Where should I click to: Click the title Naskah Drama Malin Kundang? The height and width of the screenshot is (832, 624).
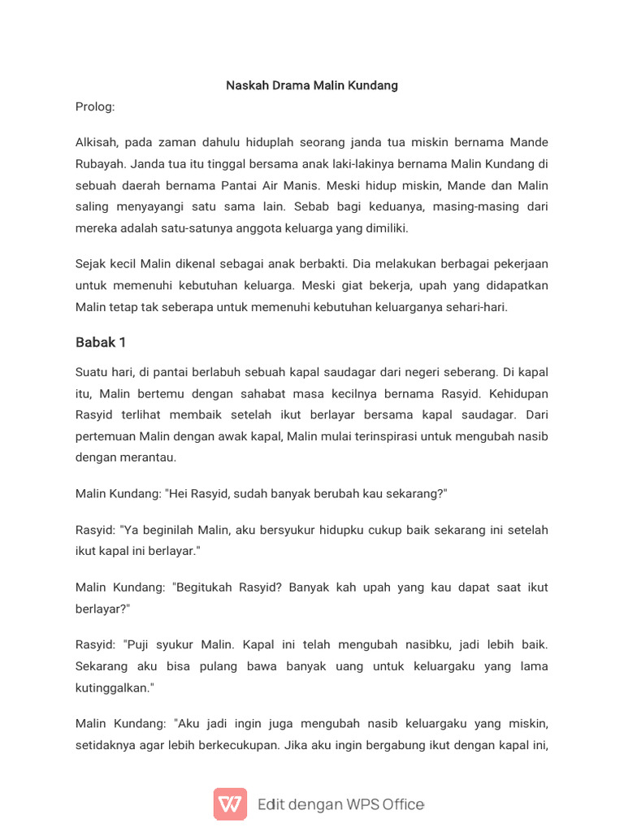(x=312, y=85)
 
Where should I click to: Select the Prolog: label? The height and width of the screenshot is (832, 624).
(x=95, y=106)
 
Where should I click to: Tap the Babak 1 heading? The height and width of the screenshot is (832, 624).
(x=101, y=342)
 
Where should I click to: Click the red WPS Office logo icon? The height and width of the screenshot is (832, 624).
(x=230, y=804)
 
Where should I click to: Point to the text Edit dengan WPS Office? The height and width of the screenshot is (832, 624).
(x=340, y=804)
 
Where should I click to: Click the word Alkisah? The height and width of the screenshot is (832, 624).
(x=98, y=142)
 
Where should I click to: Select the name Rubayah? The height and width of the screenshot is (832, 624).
(x=100, y=164)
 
